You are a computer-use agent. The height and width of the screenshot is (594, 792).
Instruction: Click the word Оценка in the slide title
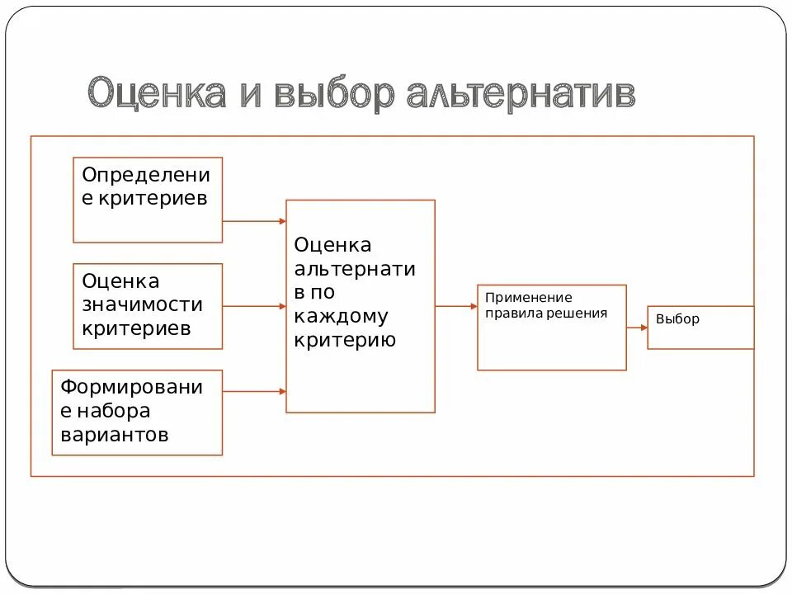point(157,94)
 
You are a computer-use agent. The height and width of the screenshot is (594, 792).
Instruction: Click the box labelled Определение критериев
point(148,200)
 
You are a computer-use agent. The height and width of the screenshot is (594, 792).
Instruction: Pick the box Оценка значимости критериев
point(148,306)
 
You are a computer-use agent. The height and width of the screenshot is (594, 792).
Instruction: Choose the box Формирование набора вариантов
point(137,412)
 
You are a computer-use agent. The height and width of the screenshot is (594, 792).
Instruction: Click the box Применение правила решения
point(551,328)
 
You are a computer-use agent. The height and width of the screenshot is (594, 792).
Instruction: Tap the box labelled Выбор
point(700,328)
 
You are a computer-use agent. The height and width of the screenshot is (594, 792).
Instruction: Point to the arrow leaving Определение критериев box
point(254,221)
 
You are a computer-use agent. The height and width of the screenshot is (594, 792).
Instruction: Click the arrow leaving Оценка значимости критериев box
point(254,306)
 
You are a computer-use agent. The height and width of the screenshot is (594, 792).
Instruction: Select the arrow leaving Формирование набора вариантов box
point(254,391)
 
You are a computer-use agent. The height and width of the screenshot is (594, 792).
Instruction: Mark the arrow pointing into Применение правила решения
point(456,306)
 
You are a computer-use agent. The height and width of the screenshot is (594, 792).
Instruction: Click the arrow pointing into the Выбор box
point(637,328)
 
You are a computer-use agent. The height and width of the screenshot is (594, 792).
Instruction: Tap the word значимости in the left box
point(142,305)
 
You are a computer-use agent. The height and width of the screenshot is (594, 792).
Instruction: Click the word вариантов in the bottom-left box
point(115,435)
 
